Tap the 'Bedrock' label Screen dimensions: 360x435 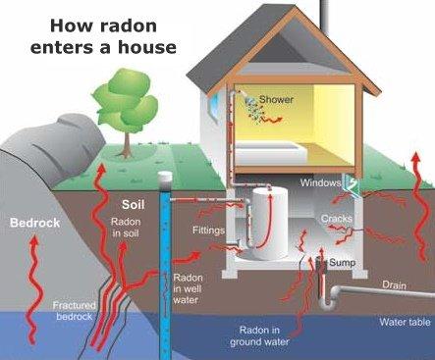(34, 223)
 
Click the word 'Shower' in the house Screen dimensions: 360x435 (276, 99)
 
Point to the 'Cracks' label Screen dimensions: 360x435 (336, 218)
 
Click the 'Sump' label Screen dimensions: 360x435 (340, 262)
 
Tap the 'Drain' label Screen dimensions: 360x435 (395, 285)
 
